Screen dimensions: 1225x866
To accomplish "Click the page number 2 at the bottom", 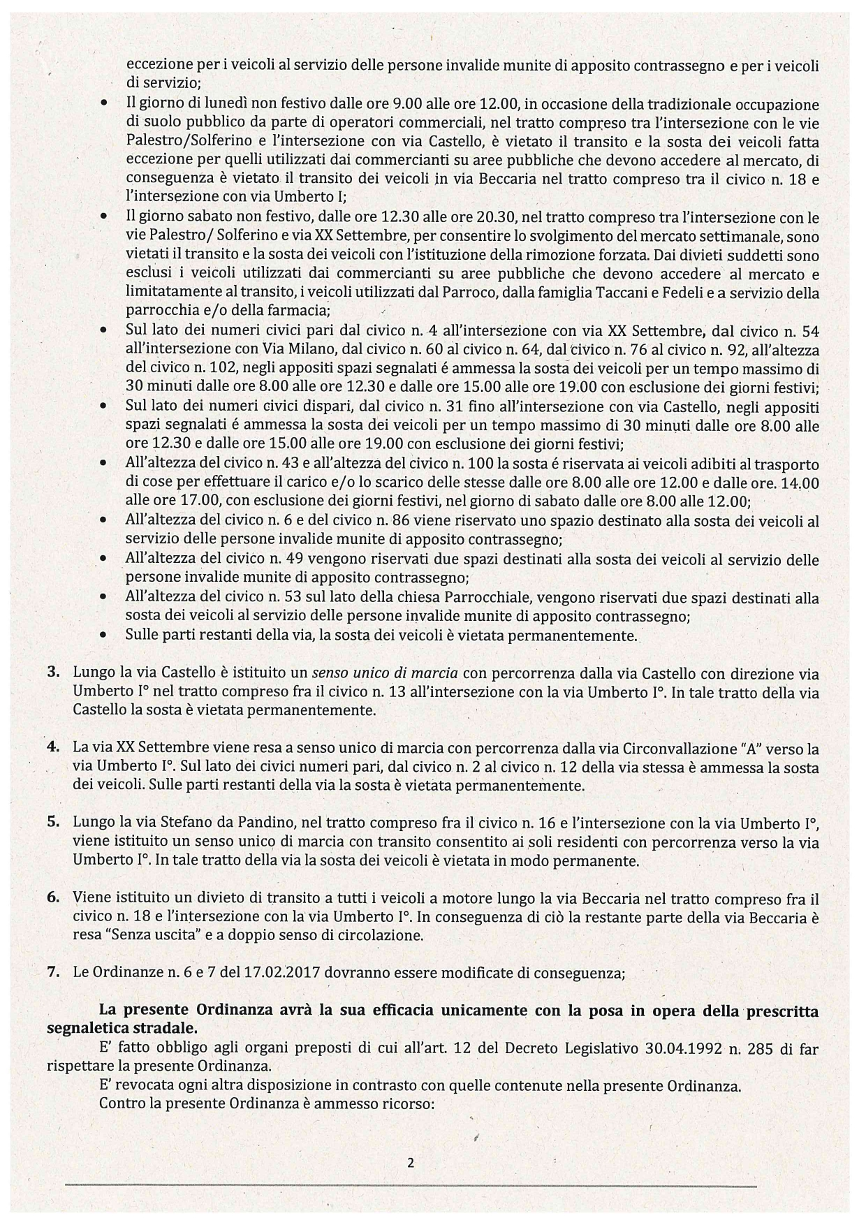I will tap(411, 1163).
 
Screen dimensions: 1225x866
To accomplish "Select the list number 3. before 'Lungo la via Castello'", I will tap(53, 673).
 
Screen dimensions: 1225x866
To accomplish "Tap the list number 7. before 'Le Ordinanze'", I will tap(53, 973).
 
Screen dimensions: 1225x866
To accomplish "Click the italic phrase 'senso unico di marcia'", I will tap(384, 673).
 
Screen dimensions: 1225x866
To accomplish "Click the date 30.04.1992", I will tap(652, 1049).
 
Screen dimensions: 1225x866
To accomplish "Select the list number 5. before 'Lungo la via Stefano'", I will tap(53, 822).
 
